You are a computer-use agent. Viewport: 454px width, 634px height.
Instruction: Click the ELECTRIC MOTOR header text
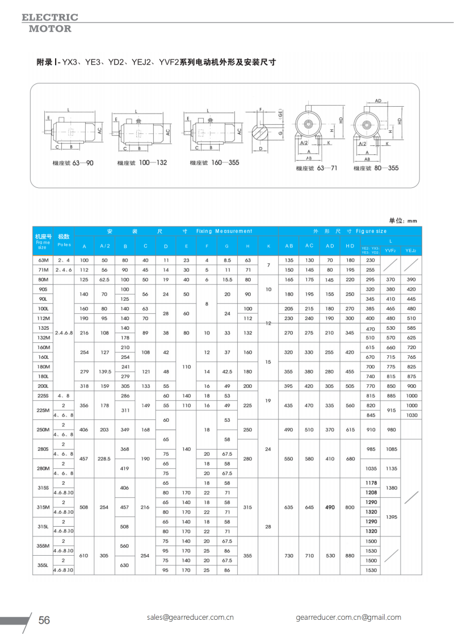pos(50,23)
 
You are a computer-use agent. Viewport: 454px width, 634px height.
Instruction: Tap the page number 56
pos(44,620)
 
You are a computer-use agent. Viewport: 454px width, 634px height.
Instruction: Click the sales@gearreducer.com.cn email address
pos(190,617)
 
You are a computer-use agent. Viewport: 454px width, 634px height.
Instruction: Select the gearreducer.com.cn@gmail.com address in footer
pos(348,617)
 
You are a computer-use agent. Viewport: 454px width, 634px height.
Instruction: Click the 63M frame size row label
pos(43,260)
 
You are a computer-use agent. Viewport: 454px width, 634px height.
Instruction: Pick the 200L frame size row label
pos(43,386)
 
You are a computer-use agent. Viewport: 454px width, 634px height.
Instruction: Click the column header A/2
pos(105,246)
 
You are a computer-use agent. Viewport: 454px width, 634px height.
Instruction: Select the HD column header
pos(350,245)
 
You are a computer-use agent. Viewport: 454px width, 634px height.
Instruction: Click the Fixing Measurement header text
pos(224,231)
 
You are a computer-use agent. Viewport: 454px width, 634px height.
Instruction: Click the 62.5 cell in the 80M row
pos(105,280)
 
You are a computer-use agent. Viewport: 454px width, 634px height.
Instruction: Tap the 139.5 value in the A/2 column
pos(105,371)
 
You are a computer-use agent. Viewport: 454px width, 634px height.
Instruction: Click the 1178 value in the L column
pos(371,482)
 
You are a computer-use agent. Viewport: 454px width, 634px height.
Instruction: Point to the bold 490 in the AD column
pos(330,507)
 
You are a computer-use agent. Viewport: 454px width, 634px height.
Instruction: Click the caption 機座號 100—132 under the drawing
pos(142,163)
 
